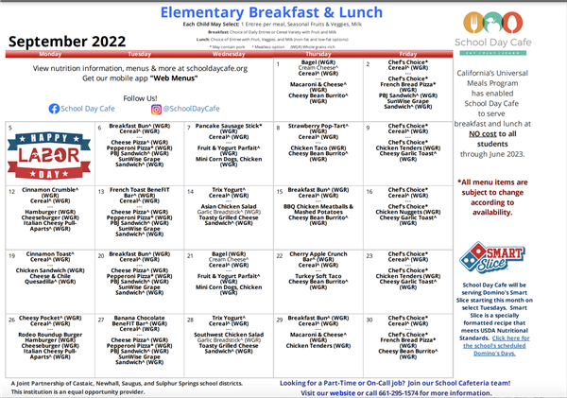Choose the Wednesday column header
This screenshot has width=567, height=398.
click(227, 55)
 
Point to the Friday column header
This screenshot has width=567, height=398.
click(407, 55)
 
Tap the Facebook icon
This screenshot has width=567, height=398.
click(54, 109)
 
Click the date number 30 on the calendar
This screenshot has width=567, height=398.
click(369, 319)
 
